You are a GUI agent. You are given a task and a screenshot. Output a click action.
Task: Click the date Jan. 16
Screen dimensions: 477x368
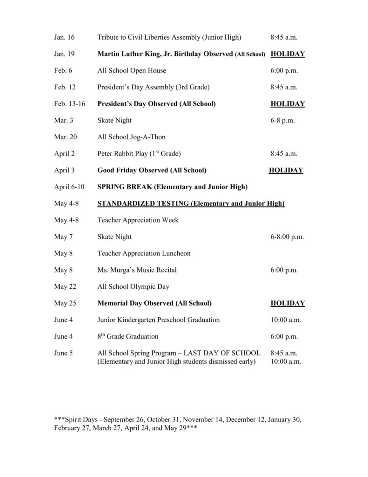click(x=64, y=37)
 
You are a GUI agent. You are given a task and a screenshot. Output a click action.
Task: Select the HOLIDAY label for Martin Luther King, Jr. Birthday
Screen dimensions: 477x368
click(x=288, y=54)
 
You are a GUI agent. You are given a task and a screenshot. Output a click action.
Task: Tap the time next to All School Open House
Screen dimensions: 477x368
click(x=284, y=71)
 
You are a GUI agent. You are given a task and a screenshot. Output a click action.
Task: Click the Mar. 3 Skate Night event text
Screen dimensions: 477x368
click(x=114, y=120)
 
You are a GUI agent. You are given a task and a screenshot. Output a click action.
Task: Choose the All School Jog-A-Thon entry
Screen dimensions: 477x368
click(x=131, y=137)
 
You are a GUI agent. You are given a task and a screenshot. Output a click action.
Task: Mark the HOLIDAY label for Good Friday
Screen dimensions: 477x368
click(x=286, y=170)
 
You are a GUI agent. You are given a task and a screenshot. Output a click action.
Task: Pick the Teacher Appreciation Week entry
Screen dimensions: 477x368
click(x=138, y=220)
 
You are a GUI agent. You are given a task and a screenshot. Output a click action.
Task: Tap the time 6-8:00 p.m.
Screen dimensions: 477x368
click(x=287, y=237)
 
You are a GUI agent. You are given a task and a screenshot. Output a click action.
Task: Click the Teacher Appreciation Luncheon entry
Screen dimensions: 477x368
click(x=144, y=253)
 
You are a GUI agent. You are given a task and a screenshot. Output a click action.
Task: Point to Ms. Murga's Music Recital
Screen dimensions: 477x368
click(x=137, y=270)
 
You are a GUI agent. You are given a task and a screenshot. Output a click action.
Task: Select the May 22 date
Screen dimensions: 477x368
click(x=64, y=287)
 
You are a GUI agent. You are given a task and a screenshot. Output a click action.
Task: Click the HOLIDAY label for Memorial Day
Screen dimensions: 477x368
click(x=288, y=304)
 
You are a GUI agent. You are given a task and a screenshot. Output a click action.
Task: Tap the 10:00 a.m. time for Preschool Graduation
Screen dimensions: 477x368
click(x=286, y=320)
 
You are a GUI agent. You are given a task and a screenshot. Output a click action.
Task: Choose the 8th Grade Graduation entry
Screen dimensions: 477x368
click(x=128, y=337)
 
